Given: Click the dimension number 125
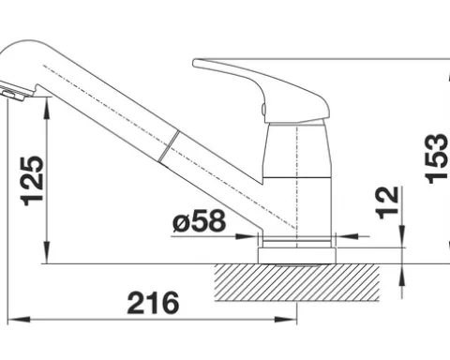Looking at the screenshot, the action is click(x=32, y=181).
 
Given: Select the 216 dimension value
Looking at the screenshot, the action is click(x=153, y=303).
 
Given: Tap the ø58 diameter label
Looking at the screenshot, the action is click(x=199, y=220).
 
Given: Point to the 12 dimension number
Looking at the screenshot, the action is click(x=388, y=202).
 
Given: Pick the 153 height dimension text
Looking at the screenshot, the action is click(x=437, y=158).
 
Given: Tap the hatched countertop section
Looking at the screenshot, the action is click(x=297, y=283).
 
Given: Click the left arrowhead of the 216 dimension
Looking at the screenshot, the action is click(x=19, y=320).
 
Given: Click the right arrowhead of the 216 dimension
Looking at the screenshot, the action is click(x=286, y=320).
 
